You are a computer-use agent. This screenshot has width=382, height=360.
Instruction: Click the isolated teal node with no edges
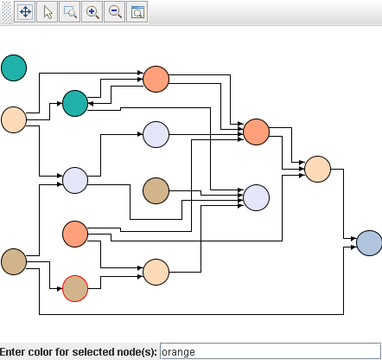point(14,67)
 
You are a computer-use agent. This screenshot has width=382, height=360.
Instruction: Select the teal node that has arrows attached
point(75,103)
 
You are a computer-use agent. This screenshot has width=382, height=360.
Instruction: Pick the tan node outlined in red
point(75,288)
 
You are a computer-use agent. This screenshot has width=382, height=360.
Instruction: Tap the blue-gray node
point(369,243)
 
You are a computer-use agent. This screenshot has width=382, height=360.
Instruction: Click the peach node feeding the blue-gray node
point(318,170)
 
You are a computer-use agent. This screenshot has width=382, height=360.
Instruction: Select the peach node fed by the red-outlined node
point(156,272)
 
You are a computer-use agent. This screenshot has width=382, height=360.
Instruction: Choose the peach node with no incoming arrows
point(14,119)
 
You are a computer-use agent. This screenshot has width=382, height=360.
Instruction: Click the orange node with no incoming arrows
point(75,234)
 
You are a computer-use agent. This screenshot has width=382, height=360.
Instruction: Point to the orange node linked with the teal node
point(156,79)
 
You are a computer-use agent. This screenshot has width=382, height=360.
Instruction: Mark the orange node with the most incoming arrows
point(257,132)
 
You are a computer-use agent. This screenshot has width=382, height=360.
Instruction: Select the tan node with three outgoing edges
point(14,261)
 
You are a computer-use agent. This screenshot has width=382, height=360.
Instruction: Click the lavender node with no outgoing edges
point(257,197)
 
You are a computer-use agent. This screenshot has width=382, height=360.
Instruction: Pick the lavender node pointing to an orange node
point(156,134)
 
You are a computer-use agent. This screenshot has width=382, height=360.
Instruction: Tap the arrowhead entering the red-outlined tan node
point(60,288)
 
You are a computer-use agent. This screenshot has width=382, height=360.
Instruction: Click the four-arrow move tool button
point(25,12)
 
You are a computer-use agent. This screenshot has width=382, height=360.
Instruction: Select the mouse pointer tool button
point(48,12)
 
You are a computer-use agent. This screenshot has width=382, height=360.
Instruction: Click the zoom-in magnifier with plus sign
point(92,12)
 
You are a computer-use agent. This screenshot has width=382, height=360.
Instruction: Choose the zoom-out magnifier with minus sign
point(115,12)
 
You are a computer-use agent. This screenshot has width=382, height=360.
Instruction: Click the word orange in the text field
point(178,352)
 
